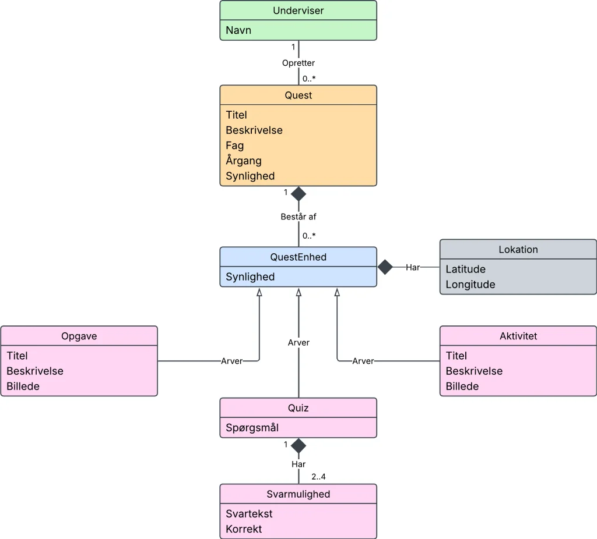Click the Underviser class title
pos(298,10)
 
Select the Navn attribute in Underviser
pos(238,30)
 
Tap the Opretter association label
pos(298,63)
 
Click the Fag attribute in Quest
pos(234,146)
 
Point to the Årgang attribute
pos(244,160)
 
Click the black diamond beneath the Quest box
pos(298,194)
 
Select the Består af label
pos(298,217)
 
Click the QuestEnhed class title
pos(298,257)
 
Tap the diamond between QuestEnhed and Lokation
pos(385,267)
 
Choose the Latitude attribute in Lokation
pos(466,269)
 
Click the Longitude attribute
pos(470,284)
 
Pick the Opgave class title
pos(79,336)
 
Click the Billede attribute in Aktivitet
pos(462,386)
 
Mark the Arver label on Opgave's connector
pos(231,361)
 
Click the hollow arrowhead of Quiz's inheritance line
pos(299,292)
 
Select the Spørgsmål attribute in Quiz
pos(252,428)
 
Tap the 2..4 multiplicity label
pos(318,477)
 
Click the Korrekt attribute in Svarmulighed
pos(244,529)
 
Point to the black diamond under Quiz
pos(298,446)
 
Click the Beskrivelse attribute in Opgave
pos(35,371)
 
